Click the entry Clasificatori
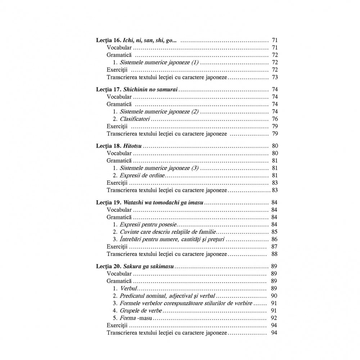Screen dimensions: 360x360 [x=135, y=119]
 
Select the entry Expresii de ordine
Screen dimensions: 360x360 [x=142, y=175]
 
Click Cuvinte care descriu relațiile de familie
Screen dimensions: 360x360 [x=168, y=232]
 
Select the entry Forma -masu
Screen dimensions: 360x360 [x=139, y=318]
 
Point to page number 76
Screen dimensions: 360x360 [x=275, y=119]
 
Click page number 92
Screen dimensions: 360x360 [x=273, y=318]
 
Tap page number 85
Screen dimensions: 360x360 [x=275, y=232]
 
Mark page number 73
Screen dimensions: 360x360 [x=275, y=77]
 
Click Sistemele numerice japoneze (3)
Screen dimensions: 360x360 [x=159, y=168]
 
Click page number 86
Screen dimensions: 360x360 [x=275, y=239]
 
